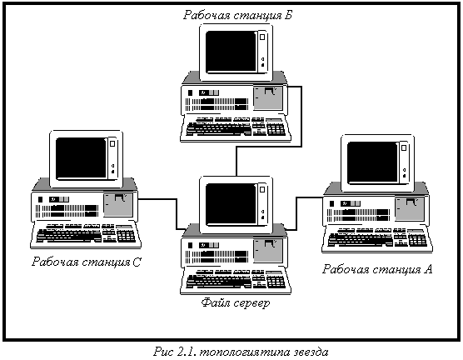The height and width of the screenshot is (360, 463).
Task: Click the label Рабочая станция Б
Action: [237, 15]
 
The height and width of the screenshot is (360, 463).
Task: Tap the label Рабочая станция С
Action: [87, 262]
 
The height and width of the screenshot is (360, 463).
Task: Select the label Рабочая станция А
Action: [377, 269]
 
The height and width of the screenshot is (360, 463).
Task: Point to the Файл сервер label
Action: [236, 303]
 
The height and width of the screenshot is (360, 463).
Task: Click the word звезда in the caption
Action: [311, 352]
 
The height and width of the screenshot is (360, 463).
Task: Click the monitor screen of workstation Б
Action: [231, 52]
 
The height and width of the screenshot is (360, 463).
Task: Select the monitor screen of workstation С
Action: [82, 158]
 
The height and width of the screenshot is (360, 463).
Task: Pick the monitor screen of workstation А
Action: [372, 162]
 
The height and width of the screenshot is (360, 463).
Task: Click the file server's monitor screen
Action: [231, 204]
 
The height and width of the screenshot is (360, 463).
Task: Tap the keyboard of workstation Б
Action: [236, 127]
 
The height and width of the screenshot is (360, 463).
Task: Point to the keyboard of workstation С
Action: [86, 234]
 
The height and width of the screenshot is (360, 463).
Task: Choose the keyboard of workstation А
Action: [377, 239]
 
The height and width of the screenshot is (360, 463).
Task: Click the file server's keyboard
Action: [236, 280]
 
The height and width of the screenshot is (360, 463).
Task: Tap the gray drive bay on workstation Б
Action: [268, 98]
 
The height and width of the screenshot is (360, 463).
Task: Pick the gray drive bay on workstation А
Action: [410, 209]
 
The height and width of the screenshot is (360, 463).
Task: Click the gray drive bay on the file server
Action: [268, 251]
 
